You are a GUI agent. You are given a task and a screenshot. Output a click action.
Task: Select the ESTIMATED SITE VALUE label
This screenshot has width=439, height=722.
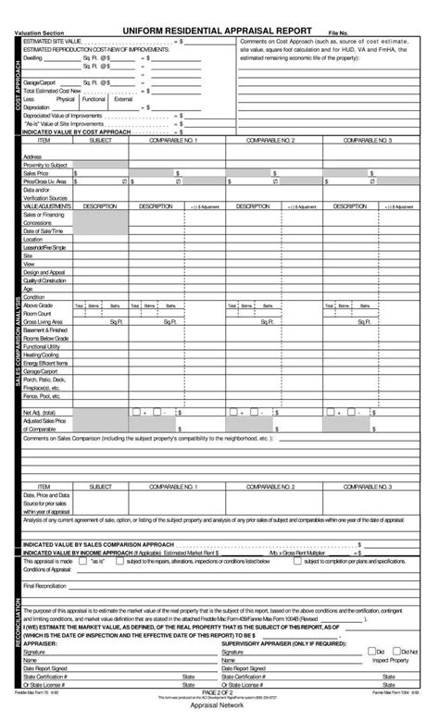click(x=51, y=42)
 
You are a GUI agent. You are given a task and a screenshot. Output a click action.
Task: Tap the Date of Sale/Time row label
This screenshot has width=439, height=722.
click(x=43, y=230)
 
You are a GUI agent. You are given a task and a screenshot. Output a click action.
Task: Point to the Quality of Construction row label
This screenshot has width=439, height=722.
click(x=45, y=280)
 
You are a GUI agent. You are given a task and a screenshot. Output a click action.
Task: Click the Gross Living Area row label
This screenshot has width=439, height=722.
click(x=44, y=320)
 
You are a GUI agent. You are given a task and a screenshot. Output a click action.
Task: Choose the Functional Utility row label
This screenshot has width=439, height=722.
click(x=42, y=344)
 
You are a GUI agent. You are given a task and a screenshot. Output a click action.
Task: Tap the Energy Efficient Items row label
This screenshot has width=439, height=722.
click(x=45, y=361)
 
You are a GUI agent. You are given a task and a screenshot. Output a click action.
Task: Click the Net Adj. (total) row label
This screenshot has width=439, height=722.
click(x=40, y=411)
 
